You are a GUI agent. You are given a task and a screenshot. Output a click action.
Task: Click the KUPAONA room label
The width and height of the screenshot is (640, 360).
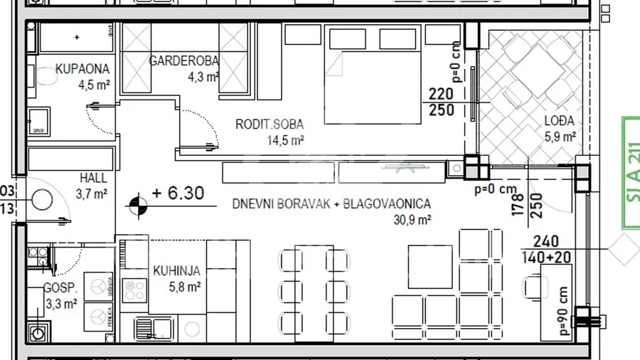(82, 70)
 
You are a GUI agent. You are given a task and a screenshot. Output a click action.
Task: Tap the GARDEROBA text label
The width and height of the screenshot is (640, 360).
(183, 61)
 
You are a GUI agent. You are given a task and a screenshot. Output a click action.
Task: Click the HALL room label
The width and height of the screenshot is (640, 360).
(92, 178)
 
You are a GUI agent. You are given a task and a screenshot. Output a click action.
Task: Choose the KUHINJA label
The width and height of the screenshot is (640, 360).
(176, 271)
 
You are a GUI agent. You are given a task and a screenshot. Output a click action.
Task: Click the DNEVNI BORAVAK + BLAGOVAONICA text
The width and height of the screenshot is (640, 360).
(331, 204)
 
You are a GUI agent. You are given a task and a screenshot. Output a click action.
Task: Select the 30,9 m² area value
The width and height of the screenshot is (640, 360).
(412, 221)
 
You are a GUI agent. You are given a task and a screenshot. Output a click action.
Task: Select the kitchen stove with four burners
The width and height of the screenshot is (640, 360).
(134, 289)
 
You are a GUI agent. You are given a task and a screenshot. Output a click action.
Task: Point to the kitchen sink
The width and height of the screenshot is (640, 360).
(155, 328)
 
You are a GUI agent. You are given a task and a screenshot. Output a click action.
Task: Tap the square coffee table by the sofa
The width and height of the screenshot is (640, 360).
(430, 266)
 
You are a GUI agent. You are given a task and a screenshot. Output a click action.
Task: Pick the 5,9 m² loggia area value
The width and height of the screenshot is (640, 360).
(560, 137)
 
